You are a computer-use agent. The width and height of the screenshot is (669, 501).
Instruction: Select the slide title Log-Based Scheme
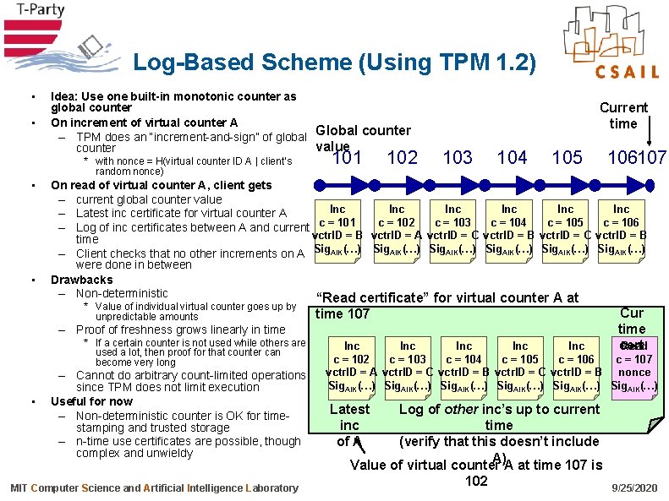click(335, 63)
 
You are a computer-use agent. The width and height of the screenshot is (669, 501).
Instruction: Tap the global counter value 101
click(348, 157)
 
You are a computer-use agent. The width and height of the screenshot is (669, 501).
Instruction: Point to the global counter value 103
click(458, 157)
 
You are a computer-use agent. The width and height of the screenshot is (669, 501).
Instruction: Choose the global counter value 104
click(513, 157)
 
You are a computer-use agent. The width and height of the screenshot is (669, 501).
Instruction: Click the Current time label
click(623, 115)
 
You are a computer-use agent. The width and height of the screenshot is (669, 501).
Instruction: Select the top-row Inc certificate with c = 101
click(337, 229)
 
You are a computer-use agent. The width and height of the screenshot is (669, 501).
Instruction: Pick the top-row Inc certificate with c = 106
click(621, 229)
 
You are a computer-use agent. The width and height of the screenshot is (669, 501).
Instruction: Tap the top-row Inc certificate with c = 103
click(453, 229)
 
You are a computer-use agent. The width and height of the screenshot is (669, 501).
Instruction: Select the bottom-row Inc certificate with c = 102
click(352, 366)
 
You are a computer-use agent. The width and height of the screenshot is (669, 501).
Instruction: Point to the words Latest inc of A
click(349, 425)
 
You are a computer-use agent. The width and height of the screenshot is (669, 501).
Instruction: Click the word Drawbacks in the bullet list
click(82, 280)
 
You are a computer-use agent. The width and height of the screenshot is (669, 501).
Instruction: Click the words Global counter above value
click(363, 130)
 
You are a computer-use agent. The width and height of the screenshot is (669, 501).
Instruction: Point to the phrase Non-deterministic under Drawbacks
click(122, 293)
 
